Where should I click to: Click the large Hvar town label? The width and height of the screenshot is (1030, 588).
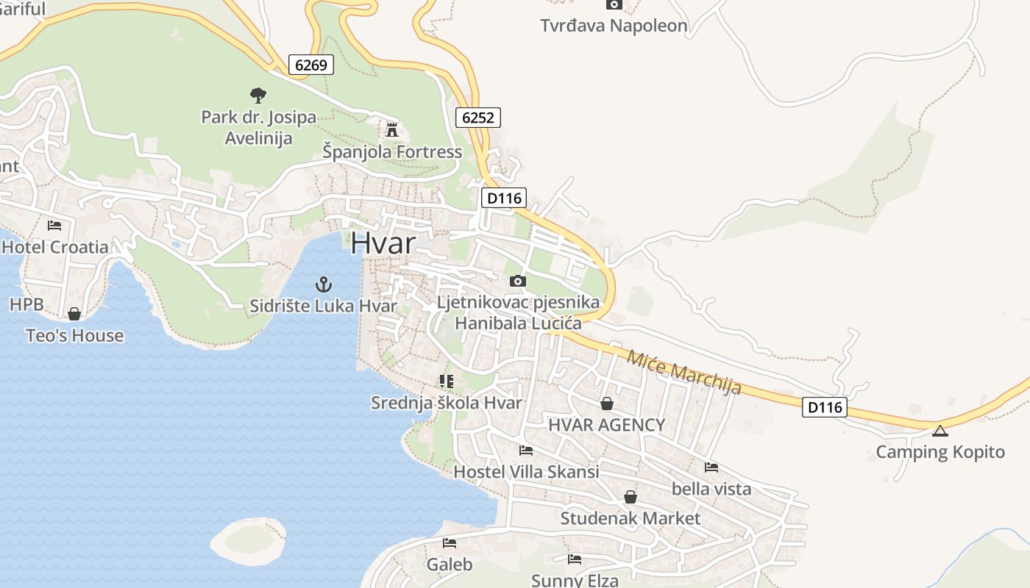(x=383, y=243)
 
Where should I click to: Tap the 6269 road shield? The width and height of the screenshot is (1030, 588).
(x=310, y=65)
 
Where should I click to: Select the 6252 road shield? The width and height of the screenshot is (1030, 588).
(x=478, y=117)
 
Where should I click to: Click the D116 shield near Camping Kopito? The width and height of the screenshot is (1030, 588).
(x=825, y=406)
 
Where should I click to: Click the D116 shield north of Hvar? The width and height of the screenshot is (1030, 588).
(x=504, y=198)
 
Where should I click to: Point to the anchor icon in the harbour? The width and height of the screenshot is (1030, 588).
(x=323, y=284)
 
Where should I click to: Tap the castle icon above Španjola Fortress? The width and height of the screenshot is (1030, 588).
(x=392, y=130)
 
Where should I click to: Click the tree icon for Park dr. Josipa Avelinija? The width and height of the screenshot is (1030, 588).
(x=257, y=94)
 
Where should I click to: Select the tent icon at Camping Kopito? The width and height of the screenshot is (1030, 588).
(x=940, y=431)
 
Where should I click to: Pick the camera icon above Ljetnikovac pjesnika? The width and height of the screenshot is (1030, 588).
(x=518, y=281)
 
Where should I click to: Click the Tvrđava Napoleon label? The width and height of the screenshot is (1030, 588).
(x=614, y=26)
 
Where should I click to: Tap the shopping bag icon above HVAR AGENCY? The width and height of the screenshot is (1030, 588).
(x=607, y=404)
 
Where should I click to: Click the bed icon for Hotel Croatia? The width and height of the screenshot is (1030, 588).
(x=54, y=225)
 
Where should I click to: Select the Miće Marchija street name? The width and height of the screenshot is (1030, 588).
(x=683, y=372)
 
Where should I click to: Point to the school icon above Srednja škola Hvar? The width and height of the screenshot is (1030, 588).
(x=446, y=381)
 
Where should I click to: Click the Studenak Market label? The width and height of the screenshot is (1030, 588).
(x=631, y=518)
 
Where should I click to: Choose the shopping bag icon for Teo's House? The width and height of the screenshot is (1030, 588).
(x=74, y=314)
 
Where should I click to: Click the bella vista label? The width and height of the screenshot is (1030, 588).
(x=711, y=489)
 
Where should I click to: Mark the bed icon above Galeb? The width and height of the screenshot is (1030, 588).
(x=449, y=543)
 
